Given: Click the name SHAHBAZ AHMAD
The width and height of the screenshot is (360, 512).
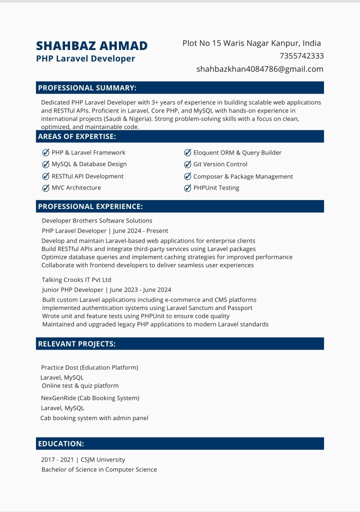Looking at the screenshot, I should [91, 46].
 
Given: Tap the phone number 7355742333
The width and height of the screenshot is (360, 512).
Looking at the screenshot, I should [301, 56].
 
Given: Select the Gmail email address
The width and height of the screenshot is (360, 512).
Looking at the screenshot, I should [259, 69].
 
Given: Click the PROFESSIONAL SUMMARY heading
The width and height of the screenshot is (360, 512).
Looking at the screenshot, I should [87, 88].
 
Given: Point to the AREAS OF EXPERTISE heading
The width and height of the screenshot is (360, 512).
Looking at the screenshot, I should [77, 136].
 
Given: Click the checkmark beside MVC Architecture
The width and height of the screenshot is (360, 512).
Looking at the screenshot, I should [46, 188].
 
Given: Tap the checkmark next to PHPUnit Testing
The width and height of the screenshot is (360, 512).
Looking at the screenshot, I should [188, 188].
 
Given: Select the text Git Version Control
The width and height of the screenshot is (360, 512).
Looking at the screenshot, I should [220, 164].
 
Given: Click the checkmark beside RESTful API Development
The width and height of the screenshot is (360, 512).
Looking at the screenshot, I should [46, 176].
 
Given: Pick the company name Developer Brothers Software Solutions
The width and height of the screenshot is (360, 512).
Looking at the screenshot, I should [97, 220].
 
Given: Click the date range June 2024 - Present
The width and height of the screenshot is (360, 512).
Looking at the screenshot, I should [140, 231].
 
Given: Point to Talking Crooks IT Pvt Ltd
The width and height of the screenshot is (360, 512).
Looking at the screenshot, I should [76, 280].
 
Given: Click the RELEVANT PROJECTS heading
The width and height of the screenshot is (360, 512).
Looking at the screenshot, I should [76, 344].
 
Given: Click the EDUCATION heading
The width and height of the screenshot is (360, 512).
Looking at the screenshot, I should [61, 444].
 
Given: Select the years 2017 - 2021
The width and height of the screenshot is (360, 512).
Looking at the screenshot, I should [57, 459].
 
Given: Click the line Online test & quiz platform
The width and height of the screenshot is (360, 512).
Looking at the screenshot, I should [80, 386].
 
